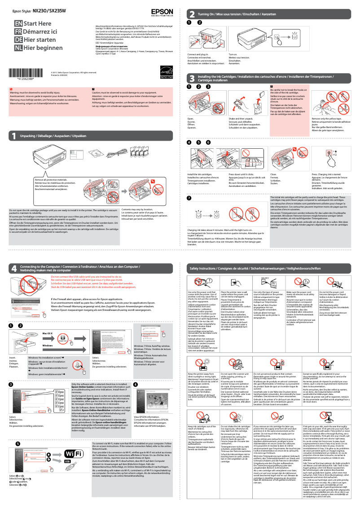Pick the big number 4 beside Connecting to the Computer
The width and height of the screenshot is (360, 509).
[x=15, y=267]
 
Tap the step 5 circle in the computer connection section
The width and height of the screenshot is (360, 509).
[x=18, y=443]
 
